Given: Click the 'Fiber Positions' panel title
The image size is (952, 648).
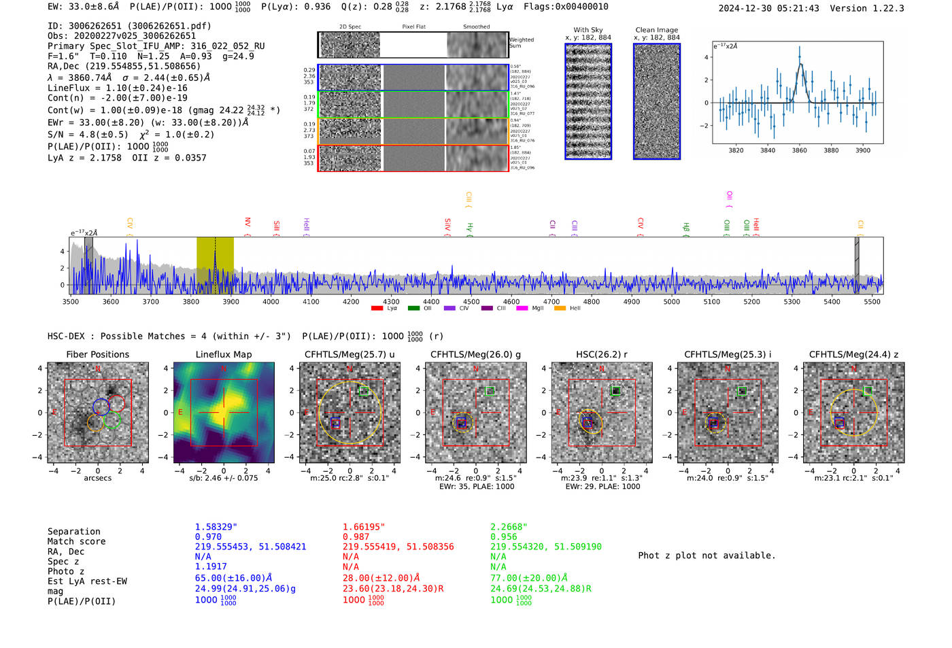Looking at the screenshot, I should (x=97, y=354).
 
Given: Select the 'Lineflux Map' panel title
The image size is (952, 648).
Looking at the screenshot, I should (x=223, y=354).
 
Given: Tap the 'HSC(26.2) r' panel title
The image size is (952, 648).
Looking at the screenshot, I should (x=601, y=354).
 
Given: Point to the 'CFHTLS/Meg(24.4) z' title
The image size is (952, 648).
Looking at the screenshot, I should (x=853, y=354).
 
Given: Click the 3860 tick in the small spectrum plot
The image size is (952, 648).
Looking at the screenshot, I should (x=800, y=150).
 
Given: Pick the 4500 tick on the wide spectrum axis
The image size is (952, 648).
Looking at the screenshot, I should (x=471, y=301).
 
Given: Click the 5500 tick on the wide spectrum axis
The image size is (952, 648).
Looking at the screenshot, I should (x=872, y=301).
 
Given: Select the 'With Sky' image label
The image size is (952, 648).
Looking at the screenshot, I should (x=588, y=30).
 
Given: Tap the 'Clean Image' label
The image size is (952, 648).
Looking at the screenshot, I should (x=656, y=30).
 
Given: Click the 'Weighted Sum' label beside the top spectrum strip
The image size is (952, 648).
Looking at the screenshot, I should (x=521, y=43).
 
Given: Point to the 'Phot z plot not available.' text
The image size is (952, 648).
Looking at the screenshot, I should (x=707, y=556).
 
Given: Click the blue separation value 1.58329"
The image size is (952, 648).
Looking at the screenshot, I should (x=216, y=527).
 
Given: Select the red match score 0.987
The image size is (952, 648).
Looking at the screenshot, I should (x=357, y=536).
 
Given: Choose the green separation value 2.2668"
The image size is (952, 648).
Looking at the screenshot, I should (x=509, y=527).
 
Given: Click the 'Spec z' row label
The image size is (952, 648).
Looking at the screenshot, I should (x=63, y=561).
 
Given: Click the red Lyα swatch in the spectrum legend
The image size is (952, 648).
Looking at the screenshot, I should (x=377, y=308).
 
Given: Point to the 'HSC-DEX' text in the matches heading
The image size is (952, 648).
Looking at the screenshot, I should (x=67, y=336).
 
